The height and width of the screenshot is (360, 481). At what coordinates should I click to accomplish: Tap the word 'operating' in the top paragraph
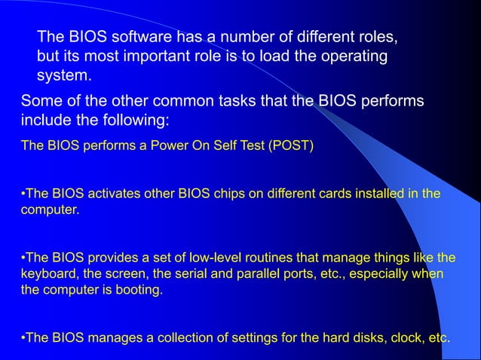tap(357, 56)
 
